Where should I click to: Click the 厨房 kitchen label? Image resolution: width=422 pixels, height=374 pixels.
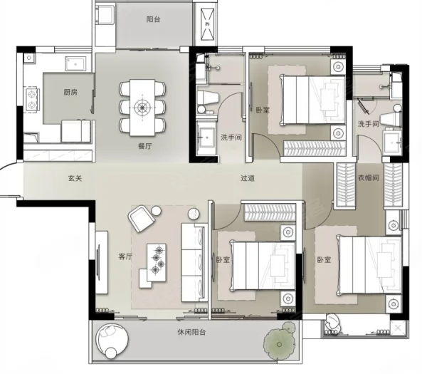coord(70,93)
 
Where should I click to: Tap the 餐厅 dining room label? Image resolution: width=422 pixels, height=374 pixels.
coord(144,146)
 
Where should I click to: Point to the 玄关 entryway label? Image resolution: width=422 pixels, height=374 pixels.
coord(75,178)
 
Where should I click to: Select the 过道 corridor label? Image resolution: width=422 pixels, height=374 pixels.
coord(248,178)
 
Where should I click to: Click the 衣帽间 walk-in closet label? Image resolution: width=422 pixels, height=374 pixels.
coord(369,177)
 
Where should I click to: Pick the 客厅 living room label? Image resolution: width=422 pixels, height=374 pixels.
coord(125,256)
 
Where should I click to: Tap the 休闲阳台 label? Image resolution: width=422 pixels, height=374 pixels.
coord(191,332)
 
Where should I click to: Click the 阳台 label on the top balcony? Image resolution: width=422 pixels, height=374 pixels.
coord(154,19)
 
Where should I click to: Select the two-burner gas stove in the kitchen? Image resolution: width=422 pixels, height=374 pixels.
coord(32,99)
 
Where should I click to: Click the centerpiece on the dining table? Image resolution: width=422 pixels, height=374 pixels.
coord(142,108)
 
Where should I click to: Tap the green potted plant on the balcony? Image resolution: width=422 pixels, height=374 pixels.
coord(280,341)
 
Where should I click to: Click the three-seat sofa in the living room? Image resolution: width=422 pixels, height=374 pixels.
coord(193,262)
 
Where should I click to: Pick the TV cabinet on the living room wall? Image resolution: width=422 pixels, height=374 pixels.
coord(102,262)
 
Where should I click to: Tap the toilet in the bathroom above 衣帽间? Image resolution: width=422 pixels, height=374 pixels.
coord(391,116)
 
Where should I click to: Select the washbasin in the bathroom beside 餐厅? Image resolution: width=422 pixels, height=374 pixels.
coord(206,137)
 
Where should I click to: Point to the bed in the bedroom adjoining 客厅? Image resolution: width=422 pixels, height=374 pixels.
coord(263,266)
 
